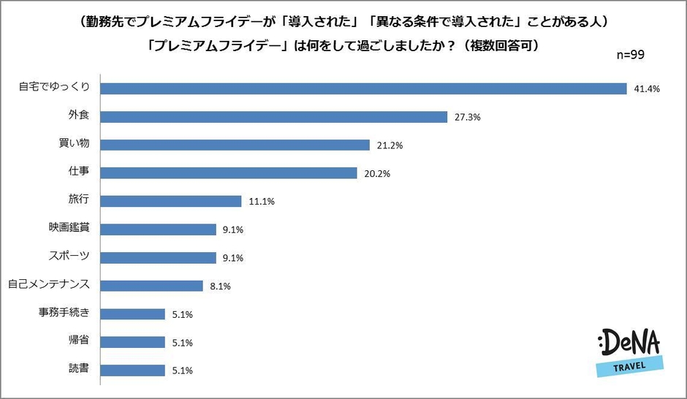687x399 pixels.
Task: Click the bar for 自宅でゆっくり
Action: coord(363,88)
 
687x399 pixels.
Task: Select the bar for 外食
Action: coord(273,117)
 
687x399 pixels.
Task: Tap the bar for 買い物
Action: coord(234,145)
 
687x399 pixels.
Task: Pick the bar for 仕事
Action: coord(228,173)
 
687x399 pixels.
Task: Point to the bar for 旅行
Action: coord(170,201)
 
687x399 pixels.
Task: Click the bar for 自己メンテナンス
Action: coord(151,286)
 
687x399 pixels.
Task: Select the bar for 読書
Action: coord(132,370)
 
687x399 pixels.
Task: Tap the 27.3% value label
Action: coord(468,117)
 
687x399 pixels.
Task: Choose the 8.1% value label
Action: coord(220,286)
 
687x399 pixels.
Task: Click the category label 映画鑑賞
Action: coord(69,229)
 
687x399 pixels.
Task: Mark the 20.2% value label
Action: coord(377,174)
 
